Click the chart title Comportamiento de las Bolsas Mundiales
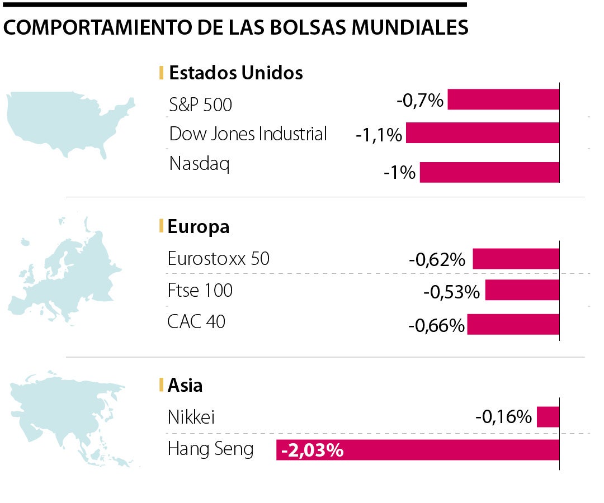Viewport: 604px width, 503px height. coord(235,27)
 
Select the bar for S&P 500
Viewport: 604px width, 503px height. coord(503,99)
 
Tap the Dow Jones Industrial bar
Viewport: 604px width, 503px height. coord(483,133)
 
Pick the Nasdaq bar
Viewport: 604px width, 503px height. coord(489,172)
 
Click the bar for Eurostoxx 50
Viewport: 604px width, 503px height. coord(516,259)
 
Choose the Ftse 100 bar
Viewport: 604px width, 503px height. coord(522,291)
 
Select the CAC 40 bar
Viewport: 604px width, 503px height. coord(513,324)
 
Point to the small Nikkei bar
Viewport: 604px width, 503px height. coord(548,417)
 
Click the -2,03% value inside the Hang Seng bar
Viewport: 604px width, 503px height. coord(312,450)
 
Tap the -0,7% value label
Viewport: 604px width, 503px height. coord(420,101)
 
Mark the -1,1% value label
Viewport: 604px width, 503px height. coord(379,135)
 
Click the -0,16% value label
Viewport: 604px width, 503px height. coord(503,417)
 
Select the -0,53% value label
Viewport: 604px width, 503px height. coord(452,292)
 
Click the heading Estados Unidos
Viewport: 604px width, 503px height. coord(235,73)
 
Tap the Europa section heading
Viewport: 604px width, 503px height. coord(199,226)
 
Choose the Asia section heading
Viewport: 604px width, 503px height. coord(185,385)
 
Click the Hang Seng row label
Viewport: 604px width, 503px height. coord(210,449)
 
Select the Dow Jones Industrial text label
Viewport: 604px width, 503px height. coord(248,134)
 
